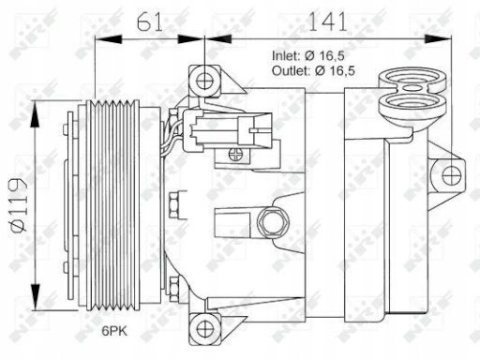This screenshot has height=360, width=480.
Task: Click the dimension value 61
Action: (x=150, y=22)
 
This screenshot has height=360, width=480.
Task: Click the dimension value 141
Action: (x=327, y=22)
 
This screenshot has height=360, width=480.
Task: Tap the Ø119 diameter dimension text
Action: (x=19, y=205)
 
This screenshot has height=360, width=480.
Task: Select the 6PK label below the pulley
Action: (x=114, y=331)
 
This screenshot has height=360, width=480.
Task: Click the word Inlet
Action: (x=286, y=56)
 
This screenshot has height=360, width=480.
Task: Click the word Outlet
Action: (x=292, y=71)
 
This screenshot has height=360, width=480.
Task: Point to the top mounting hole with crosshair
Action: (x=204, y=81)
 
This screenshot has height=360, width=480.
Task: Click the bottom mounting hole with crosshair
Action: (x=204, y=329)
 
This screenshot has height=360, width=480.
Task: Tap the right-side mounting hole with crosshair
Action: (x=452, y=175)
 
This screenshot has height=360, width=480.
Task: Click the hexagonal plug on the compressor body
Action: (x=273, y=222)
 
